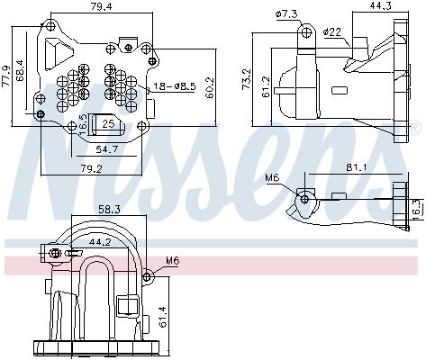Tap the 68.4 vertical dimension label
point(22,72)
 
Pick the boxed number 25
point(107,123)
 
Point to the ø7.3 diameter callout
point(286,14)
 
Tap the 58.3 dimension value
point(109,209)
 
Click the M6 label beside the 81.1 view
point(273,178)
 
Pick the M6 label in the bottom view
point(172,263)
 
